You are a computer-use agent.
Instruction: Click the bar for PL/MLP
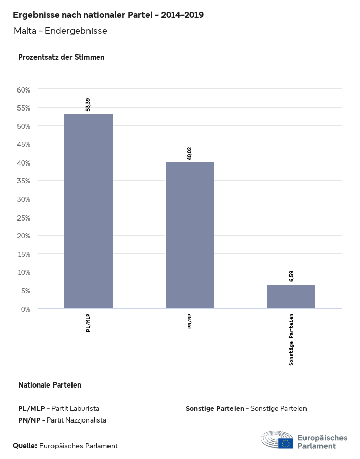coord(88,211)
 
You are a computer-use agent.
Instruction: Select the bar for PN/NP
coord(189,235)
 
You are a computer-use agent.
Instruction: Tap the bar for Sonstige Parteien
coord(291,297)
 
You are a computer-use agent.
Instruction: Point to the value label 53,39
coord(88,104)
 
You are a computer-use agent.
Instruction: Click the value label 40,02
coord(189,153)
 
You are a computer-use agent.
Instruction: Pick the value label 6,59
coord(291,276)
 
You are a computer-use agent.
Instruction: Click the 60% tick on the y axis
coord(24,90)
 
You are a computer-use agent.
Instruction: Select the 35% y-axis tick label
coord(24,181)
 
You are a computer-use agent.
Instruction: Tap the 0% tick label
coord(26,309)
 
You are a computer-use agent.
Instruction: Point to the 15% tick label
coord(24,254)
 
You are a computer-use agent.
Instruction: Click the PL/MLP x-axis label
coord(88,323)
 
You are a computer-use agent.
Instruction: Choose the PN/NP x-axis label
coord(189,321)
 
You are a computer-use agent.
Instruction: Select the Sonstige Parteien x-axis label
coord(291,339)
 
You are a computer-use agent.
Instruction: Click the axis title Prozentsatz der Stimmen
coord(61,57)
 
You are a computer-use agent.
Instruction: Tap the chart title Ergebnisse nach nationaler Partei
coord(108,15)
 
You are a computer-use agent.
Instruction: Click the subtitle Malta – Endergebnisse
coord(61,31)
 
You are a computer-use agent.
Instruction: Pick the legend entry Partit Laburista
coord(59,408)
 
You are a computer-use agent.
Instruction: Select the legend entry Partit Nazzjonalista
coord(62,420)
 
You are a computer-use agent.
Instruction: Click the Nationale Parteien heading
coord(49,385)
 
